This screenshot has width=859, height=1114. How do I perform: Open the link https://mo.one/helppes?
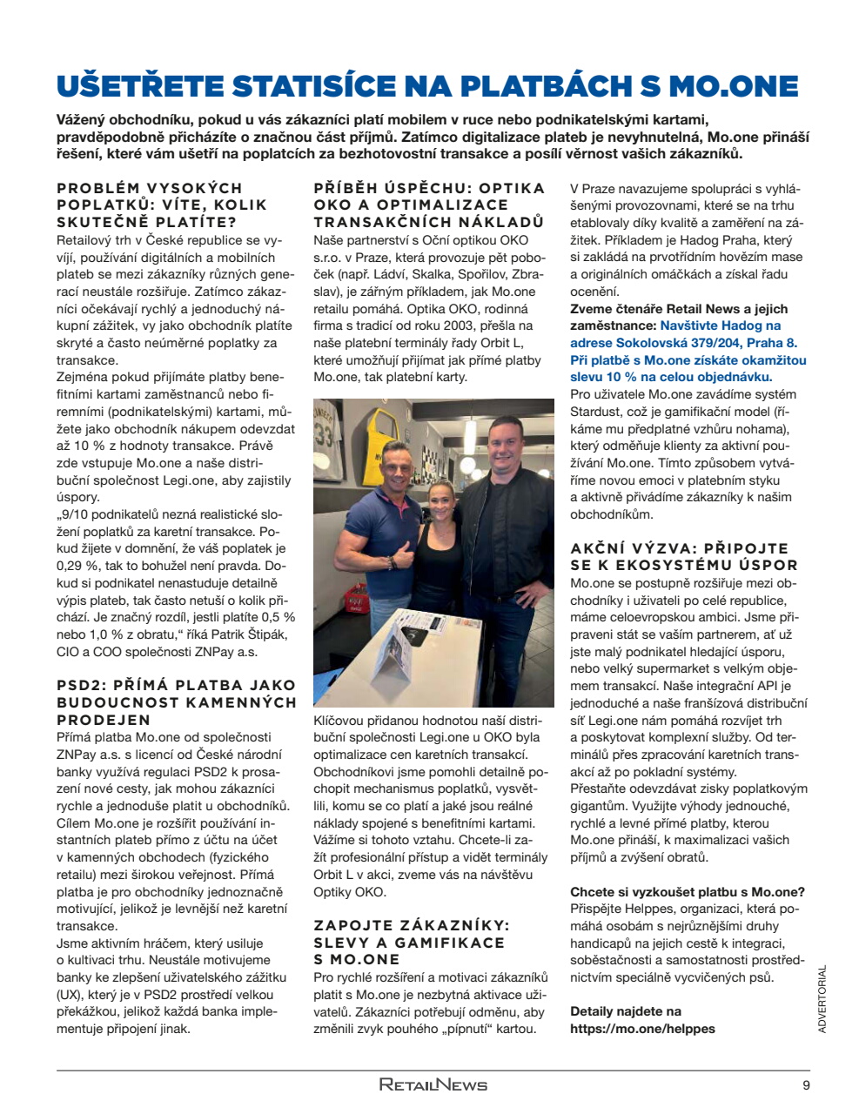[642, 1029]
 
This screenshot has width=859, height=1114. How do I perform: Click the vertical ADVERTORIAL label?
[822, 998]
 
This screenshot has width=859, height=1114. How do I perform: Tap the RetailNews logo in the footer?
[433, 1085]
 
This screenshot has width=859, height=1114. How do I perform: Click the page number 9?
[805, 1085]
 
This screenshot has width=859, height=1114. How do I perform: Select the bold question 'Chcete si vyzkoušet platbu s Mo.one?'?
[687, 891]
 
